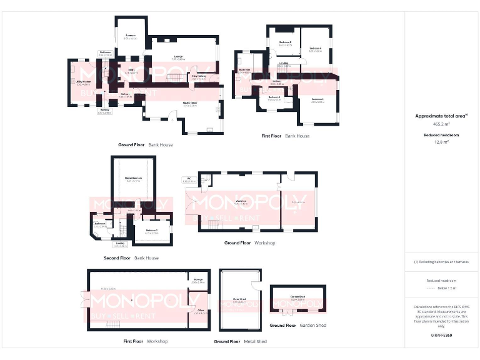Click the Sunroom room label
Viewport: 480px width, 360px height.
[x=130, y=36]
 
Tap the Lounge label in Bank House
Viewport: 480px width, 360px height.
[x=178, y=57]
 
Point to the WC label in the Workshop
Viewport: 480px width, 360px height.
[x=189, y=179]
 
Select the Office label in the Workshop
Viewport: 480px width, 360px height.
[x=201, y=311]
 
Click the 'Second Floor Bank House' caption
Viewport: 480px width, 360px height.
[x=131, y=257]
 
